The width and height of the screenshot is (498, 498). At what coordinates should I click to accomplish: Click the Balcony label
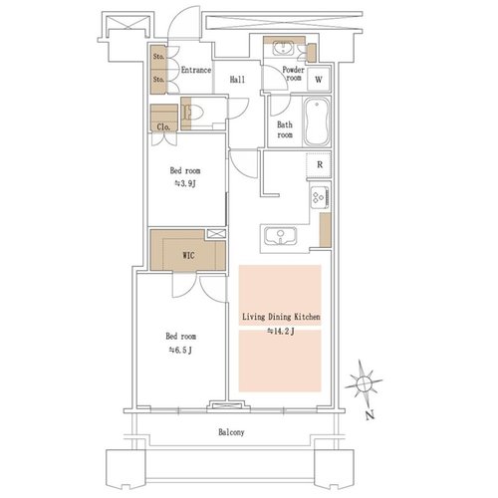coord(231,432)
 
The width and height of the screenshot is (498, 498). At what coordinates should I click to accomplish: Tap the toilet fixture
coord(192,112)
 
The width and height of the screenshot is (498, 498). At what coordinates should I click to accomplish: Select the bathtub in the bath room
coord(317,122)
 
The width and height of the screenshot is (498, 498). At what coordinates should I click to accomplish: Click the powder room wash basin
coord(283,49)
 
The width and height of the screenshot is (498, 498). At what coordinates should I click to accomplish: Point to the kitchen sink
coord(281,236)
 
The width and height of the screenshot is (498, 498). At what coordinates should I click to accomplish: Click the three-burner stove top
coord(320,197)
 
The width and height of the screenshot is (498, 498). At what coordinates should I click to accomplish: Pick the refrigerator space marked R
coord(320,164)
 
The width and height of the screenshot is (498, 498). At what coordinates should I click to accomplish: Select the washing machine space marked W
coord(319,80)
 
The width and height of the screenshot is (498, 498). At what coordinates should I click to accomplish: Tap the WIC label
coord(188,255)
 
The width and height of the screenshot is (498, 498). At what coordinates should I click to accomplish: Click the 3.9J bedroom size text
coord(185,183)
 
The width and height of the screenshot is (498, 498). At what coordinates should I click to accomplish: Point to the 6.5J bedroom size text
coord(180,350)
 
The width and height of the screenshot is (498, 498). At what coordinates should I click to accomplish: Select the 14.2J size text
coord(281,331)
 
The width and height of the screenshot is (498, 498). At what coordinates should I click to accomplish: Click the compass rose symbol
coord(364,383)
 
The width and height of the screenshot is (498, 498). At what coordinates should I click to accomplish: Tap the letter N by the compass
coord(370,415)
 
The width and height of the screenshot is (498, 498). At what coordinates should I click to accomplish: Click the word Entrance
coord(196,70)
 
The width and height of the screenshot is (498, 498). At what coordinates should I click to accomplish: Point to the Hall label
coord(237,80)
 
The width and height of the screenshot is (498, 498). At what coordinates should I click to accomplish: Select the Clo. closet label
coord(163,126)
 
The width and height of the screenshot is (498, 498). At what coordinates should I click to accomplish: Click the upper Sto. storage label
coord(158,57)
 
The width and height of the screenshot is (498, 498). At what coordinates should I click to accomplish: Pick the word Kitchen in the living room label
coord(307,317)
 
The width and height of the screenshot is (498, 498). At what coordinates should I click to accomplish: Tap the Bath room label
coord(285,129)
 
